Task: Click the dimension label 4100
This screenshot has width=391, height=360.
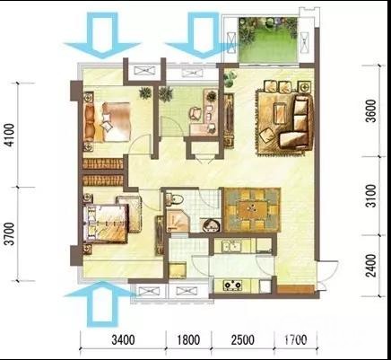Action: point(10,135)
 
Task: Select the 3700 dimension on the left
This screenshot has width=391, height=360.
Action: point(10,234)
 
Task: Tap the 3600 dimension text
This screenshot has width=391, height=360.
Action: point(371,111)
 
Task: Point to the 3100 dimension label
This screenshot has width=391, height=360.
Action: point(371,196)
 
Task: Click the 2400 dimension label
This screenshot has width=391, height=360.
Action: point(371,266)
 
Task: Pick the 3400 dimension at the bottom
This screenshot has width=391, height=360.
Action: point(123,339)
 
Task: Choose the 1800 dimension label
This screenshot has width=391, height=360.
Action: point(188,339)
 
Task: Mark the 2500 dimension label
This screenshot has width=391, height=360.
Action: point(243,339)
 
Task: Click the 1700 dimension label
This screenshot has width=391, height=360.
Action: point(295,339)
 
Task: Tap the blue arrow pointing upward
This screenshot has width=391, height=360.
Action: point(102,303)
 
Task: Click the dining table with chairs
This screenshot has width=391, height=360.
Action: point(252,209)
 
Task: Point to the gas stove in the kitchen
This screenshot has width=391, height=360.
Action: point(232,285)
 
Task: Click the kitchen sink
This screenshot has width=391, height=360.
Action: point(231,247)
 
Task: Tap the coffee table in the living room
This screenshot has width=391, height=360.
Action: point(280,113)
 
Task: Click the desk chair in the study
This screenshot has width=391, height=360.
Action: point(195,114)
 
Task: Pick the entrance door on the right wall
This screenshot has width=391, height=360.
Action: point(327,276)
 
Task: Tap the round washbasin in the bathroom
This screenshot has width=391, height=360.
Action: point(212,225)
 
